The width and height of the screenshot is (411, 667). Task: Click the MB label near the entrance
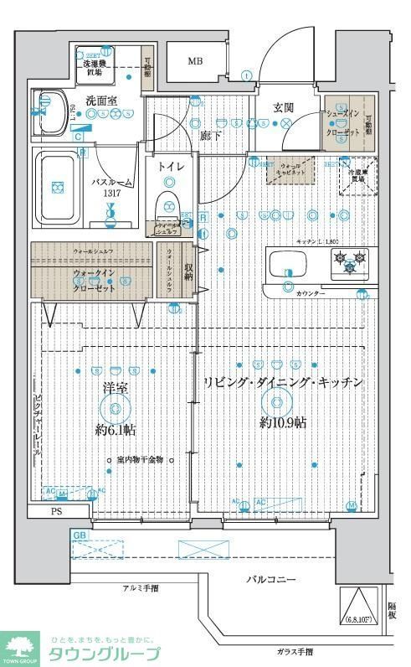(194, 61)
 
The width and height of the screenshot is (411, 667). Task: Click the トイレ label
(172, 166)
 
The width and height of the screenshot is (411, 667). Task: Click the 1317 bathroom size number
(112, 194)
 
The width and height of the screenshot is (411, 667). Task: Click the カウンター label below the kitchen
(311, 293)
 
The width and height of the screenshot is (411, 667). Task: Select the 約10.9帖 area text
(283, 422)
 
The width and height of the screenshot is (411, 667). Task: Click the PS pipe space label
(57, 512)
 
